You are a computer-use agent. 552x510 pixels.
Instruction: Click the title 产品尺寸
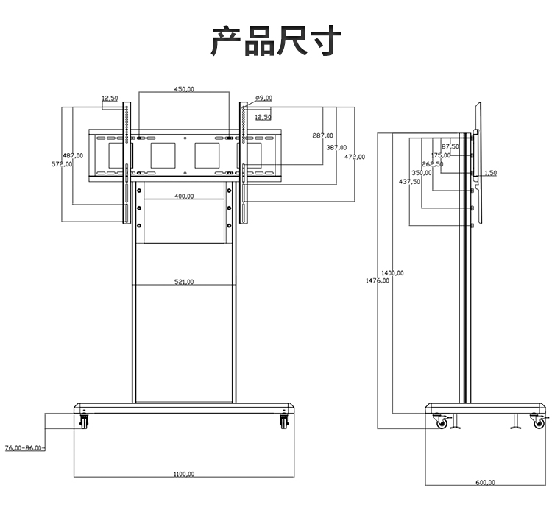coord(276,41)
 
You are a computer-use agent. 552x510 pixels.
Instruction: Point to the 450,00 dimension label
coord(184,89)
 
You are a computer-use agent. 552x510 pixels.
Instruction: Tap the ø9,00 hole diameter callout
coord(263,98)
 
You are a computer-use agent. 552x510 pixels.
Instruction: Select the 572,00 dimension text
coord(62,164)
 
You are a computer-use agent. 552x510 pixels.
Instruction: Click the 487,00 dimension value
coord(72,155)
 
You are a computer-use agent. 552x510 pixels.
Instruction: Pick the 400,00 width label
coord(184,196)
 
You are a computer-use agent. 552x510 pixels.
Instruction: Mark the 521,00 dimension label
coord(184,282)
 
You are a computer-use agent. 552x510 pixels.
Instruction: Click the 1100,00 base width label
coord(184,474)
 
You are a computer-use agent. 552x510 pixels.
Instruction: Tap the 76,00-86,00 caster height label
coord(24,447)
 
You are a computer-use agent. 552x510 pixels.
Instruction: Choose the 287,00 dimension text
coord(322,136)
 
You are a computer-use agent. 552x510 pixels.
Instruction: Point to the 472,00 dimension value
coord(355,157)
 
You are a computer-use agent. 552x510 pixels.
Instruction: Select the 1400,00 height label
coord(392,273)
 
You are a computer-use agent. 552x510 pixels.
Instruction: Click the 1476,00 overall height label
coord(377,280)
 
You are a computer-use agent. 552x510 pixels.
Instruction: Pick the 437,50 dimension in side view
coord(409,181)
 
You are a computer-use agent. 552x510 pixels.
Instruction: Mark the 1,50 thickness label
coord(490,173)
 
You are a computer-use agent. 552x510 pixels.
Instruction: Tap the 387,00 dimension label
coord(336,147)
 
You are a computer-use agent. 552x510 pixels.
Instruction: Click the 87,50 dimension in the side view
coord(450,146)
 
